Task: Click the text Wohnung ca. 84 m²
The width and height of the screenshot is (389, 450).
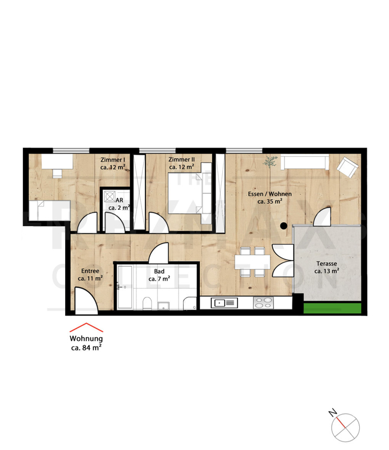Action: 86,343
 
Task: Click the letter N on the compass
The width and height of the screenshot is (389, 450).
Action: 332,413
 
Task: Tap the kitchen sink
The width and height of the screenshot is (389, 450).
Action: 225,303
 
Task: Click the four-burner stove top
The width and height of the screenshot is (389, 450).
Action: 263,303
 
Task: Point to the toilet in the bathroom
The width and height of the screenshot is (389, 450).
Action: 147,303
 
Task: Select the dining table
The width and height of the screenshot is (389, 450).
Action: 253,262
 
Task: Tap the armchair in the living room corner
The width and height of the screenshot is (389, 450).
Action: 347,167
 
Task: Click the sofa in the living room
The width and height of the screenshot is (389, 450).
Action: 305,162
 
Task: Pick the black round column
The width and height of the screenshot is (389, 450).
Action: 283,226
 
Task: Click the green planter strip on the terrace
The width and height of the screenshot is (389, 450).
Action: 332,308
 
